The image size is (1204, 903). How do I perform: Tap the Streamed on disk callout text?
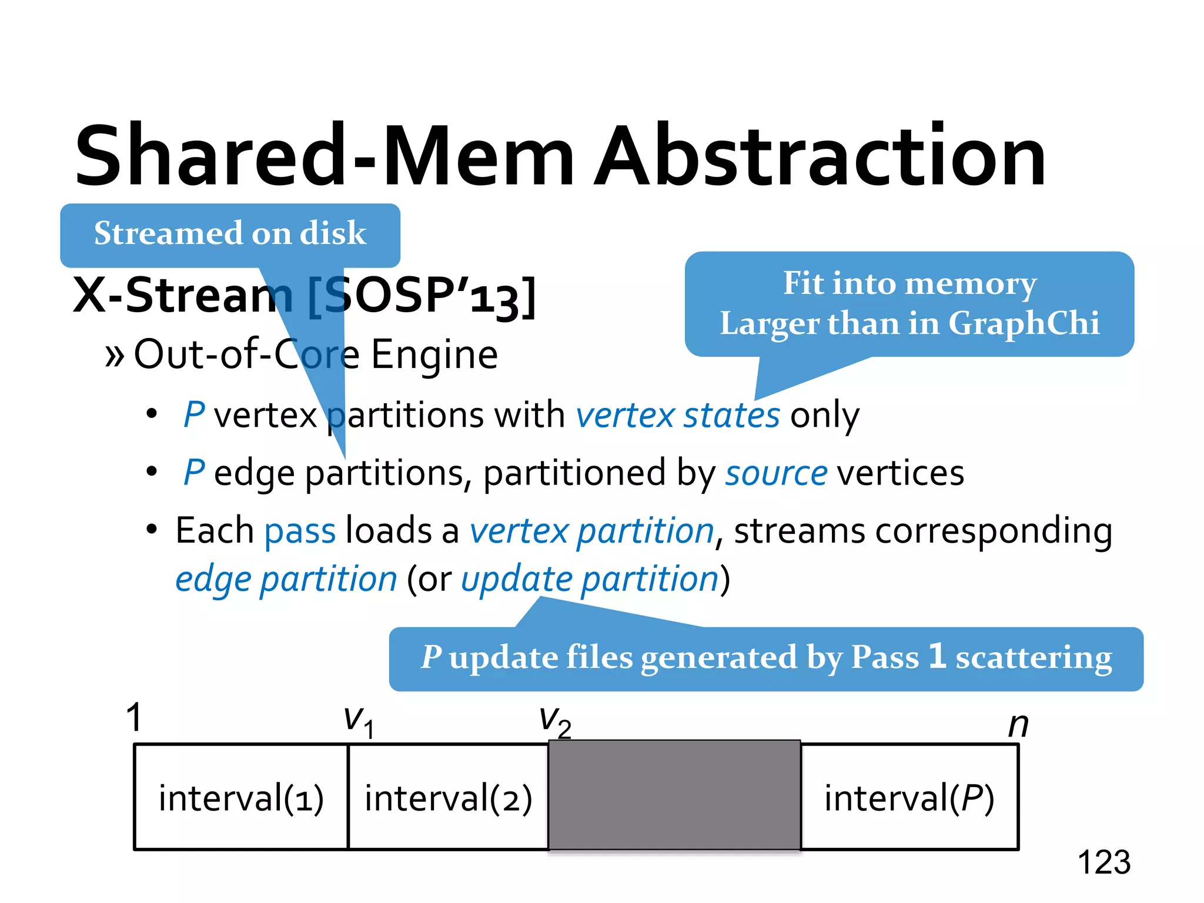tap(230, 233)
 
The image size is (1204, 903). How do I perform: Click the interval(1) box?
tap(241, 798)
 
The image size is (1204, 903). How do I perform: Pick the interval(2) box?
tap(448, 798)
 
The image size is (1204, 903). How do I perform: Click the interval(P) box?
tap(909, 798)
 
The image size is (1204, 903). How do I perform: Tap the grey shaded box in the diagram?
tap(674, 795)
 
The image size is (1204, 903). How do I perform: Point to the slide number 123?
tap(1103, 862)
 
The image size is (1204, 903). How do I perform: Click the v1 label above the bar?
tap(358, 721)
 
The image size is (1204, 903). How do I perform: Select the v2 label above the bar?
tap(554, 721)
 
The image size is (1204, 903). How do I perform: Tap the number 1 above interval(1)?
tap(135, 717)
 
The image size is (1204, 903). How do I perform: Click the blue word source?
tap(776, 473)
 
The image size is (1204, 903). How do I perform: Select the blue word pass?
tap(300, 531)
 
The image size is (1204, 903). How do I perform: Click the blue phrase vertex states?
tap(678, 415)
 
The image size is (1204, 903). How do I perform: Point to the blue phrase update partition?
tap(590, 579)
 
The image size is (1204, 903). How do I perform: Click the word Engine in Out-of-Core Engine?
tap(434, 354)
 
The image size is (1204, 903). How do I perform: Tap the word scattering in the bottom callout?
tap(1034, 658)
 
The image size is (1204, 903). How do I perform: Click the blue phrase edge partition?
tap(286, 579)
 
